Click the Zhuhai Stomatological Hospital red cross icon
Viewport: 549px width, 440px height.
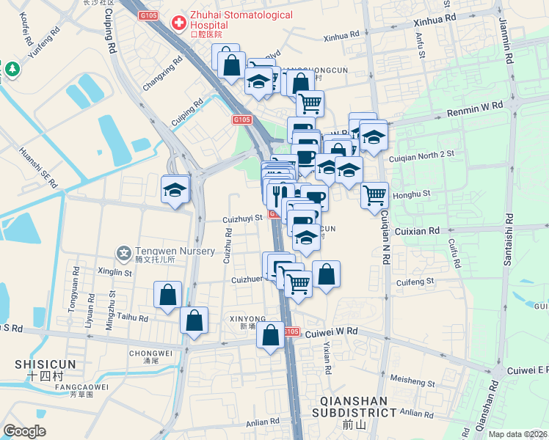178,23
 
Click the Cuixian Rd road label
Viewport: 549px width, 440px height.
417,230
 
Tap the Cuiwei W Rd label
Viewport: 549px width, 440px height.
331,331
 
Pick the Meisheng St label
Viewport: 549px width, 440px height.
412,382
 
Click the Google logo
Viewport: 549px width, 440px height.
24,431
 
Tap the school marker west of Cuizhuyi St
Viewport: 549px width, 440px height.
176,191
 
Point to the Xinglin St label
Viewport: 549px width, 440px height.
114,272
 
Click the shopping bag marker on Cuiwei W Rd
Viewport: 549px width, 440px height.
270,334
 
